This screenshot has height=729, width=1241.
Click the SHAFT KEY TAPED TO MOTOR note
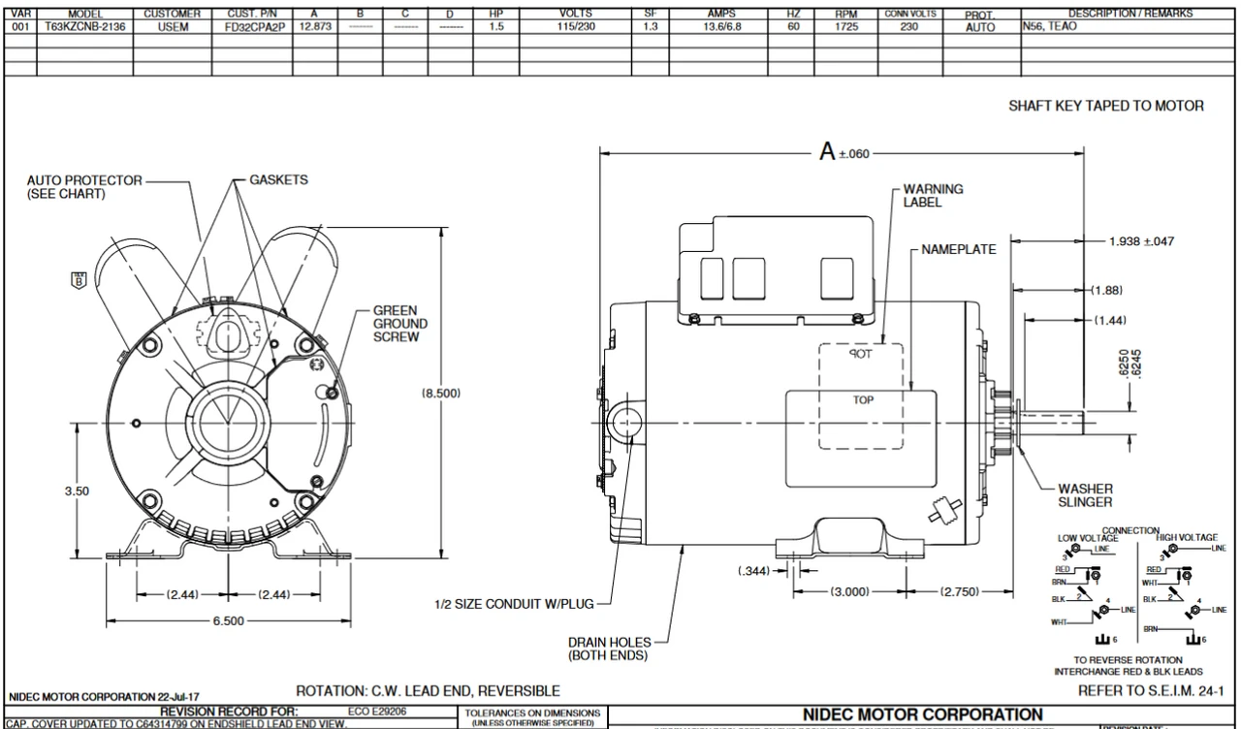[1106, 107]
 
